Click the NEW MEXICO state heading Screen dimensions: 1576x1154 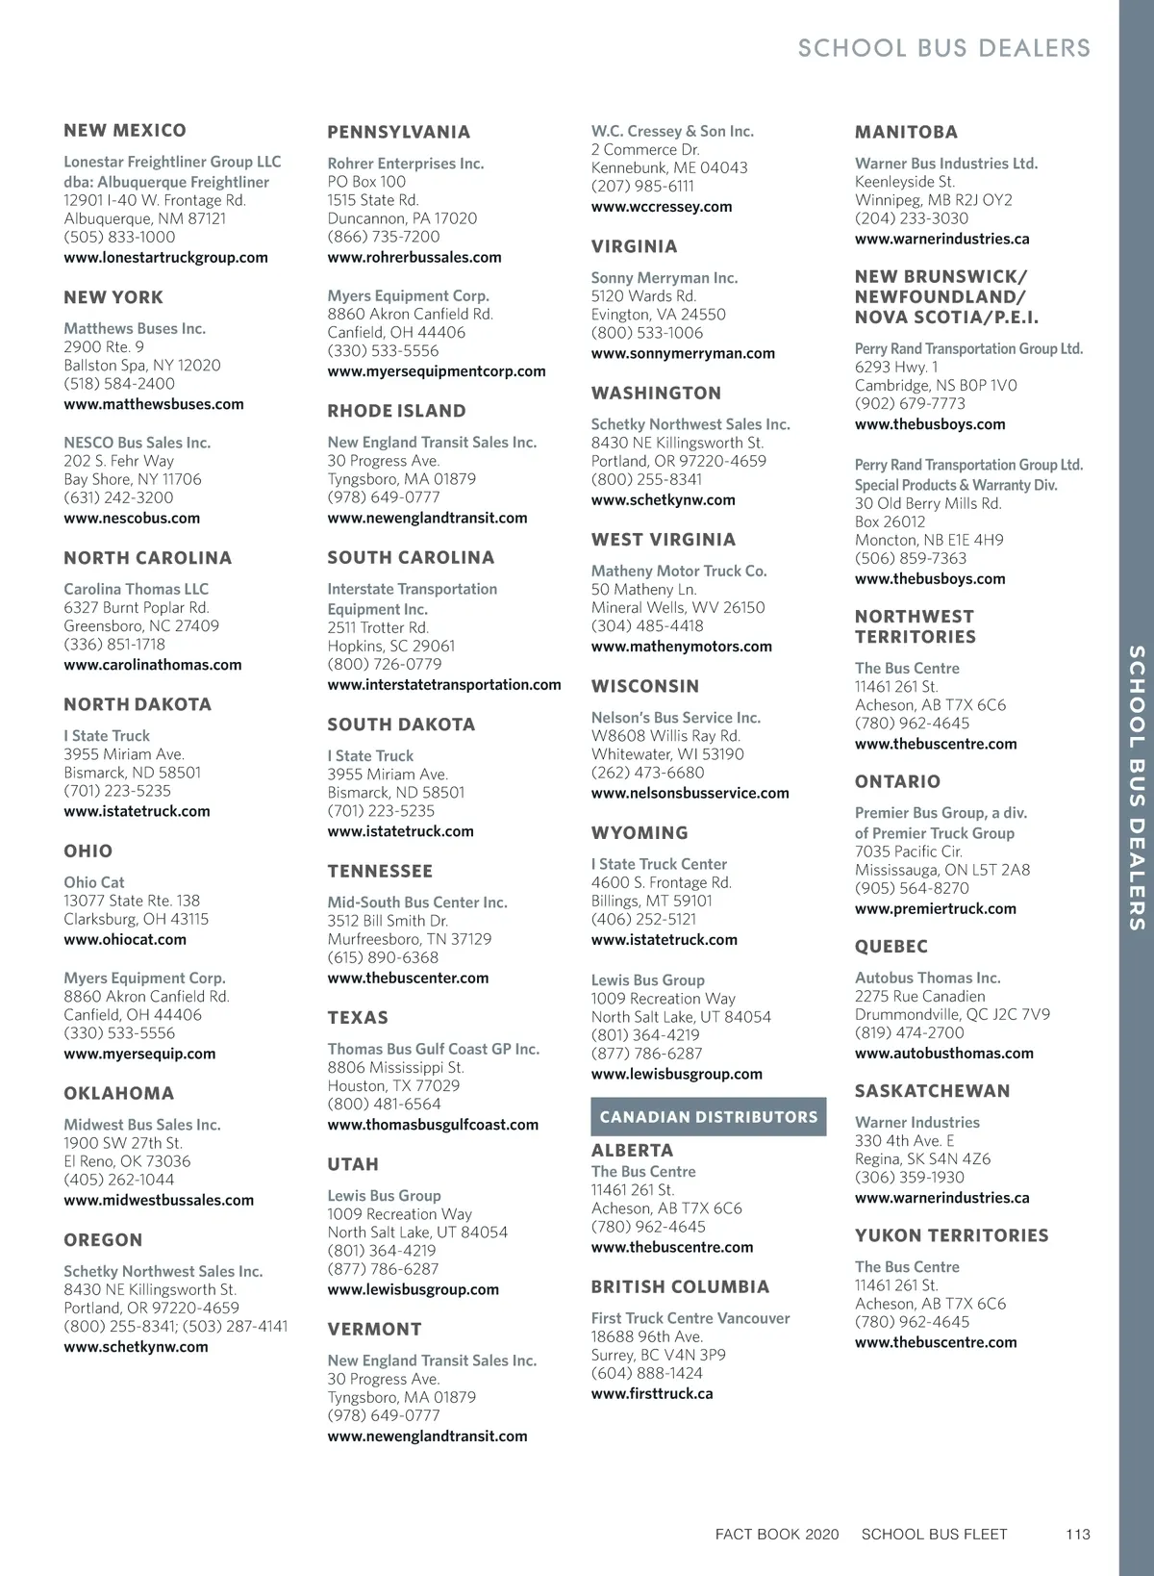click(125, 131)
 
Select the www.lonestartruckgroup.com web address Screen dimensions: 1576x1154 click(165, 258)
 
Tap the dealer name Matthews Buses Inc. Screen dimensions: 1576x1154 click(135, 329)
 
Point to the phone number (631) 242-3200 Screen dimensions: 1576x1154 click(118, 497)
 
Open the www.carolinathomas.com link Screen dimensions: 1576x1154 click(153, 665)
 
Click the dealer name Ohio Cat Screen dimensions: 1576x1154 click(94, 882)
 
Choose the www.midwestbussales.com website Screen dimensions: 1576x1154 click(159, 1201)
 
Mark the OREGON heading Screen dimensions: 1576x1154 click(103, 1240)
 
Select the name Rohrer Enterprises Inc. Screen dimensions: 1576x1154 click(405, 164)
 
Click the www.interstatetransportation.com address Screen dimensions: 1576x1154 click(443, 685)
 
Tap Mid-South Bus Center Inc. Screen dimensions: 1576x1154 click(416, 902)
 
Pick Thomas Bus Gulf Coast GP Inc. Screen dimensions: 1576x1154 click(433, 1049)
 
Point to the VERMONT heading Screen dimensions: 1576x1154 click(374, 1330)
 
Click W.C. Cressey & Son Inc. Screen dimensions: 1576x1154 click(672, 132)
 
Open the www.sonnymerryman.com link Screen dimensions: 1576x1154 click(683, 353)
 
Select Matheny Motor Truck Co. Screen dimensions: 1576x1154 click(679, 572)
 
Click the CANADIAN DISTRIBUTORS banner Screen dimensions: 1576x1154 click(708, 1117)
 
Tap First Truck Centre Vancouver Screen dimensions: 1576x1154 click(690, 1318)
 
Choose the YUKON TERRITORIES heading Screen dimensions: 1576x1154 click(951, 1235)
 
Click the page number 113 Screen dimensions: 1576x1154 click(1078, 1535)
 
